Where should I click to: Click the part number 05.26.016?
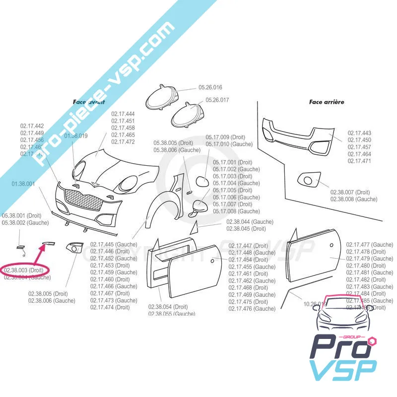pyautogui.click(x=210, y=87)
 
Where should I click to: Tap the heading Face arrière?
pyautogui.click(x=327, y=102)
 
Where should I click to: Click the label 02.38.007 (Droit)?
pyautogui.click(x=350, y=192)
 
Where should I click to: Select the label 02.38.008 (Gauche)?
pyautogui.click(x=354, y=199)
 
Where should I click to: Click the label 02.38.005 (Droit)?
pyautogui.click(x=48, y=294)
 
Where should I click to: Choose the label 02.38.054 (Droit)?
pyautogui.click(x=168, y=307)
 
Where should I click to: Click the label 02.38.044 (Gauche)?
pyautogui.click(x=250, y=222)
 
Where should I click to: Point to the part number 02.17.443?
pyautogui.click(x=359, y=133)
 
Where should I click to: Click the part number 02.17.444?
pyautogui.click(x=123, y=114)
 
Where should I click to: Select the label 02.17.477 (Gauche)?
pyautogui.click(x=370, y=245)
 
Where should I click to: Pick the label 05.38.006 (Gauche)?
pyautogui.click(x=177, y=150)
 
